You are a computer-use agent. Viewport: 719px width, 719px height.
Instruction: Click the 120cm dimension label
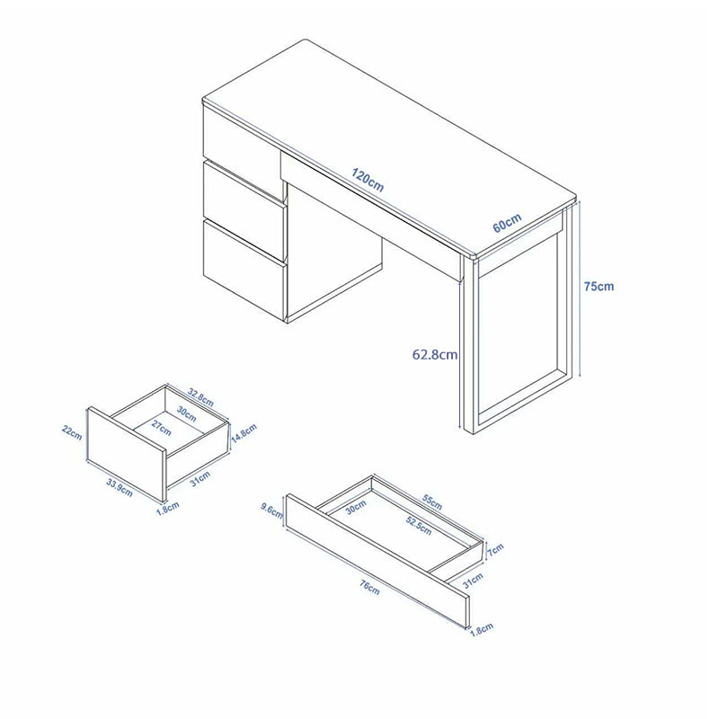[x=368, y=180]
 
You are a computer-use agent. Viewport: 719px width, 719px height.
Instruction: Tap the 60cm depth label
[x=507, y=223]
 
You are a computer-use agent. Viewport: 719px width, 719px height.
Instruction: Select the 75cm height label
[x=599, y=286]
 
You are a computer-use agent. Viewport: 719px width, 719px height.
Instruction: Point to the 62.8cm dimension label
[x=435, y=354]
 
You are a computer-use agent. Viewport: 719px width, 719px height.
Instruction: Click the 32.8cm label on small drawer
[x=200, y=397]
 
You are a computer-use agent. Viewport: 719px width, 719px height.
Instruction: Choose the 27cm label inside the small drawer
[x=162, y=429]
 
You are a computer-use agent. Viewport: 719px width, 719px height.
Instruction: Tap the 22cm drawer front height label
[x=72, y=432]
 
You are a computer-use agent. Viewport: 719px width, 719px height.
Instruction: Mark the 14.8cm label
[x=244, y=433]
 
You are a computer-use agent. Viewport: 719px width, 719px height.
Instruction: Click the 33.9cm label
[x=120, y=487]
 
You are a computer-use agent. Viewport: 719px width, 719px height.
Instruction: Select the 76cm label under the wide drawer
[x=369, y=588]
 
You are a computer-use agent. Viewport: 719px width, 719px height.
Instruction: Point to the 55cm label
[x=432, y=502]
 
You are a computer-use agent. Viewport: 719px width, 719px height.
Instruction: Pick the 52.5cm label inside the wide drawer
[x=419, y=526]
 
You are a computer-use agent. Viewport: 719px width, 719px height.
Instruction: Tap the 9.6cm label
[x=271, y=510]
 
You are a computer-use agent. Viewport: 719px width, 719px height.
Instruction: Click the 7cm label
[x=495, y=549]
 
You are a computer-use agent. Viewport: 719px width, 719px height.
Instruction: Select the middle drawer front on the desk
[x=244, y=209]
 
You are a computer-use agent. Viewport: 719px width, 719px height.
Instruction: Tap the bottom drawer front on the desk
[x=244, y=271]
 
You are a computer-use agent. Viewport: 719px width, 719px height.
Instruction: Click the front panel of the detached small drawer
[x=127, y=454]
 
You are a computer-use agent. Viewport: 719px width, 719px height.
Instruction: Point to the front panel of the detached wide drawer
[x=377, y=561]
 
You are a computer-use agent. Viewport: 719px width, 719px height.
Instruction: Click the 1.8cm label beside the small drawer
[x=168, y=509]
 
